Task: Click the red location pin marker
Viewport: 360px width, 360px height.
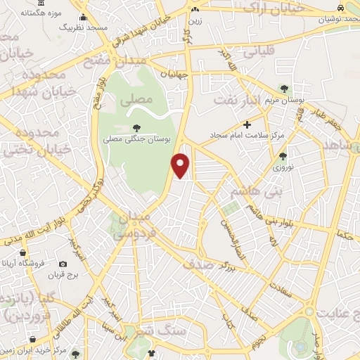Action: tap(181, 165)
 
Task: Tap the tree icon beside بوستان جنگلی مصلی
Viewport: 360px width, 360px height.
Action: tap(136, 128)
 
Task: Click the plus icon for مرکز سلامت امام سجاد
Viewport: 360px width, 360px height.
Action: tap(247, 124)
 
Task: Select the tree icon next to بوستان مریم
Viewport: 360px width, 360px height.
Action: tap(284, 89)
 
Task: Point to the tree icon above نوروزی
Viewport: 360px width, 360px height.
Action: tap(283, 157)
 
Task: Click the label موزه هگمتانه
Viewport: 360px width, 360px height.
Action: tap(37, 14)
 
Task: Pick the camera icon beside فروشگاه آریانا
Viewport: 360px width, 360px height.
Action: tap(63, 264)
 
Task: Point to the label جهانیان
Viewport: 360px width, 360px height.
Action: tap(174, 72)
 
